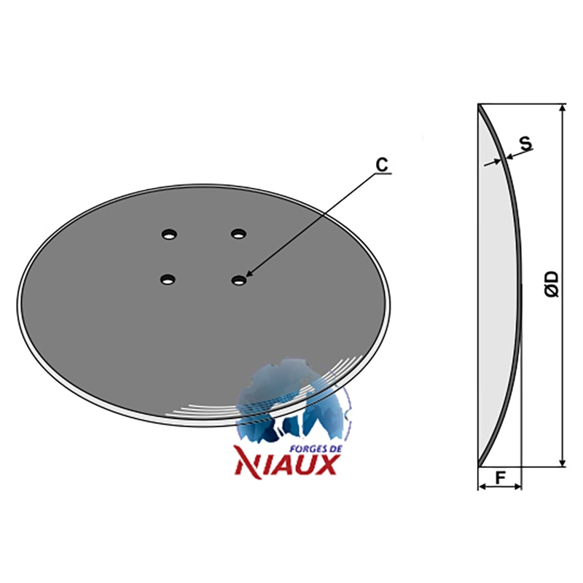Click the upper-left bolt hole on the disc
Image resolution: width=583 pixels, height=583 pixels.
click(x=169, y=235)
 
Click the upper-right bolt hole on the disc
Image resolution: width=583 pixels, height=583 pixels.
click(x=238, y=234)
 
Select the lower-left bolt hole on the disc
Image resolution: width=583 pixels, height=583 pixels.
click(x=168, y=279)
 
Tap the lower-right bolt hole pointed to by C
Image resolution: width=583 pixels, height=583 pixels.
click(x=238, y=280)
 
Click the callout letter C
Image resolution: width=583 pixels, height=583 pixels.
click(x=382, y=165)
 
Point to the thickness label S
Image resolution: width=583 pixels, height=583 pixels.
click(x=525, y=143)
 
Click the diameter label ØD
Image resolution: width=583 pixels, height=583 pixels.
click(x=552, y=284)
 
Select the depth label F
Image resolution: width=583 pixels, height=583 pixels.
click(x=501, y=477)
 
